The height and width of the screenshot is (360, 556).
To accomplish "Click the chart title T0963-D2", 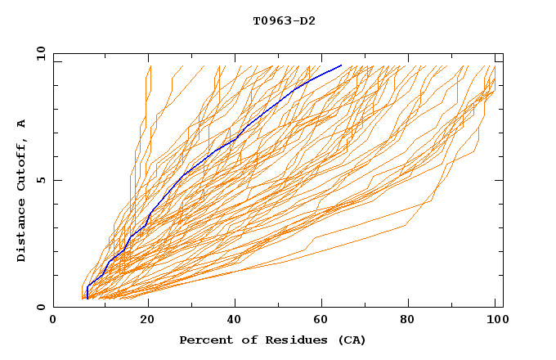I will [x=284, y=20].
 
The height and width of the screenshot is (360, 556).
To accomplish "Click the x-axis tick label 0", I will [x=53, y=322].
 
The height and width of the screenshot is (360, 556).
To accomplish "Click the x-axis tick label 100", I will [x=495, y=322].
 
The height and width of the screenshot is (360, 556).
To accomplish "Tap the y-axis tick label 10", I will [x=39, y=54].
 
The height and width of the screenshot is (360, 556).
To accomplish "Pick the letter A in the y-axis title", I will [x=22, y=124].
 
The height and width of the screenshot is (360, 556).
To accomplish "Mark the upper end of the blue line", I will [x=341, y=65].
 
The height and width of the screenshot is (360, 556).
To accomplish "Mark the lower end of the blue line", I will [x=87, y=298].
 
